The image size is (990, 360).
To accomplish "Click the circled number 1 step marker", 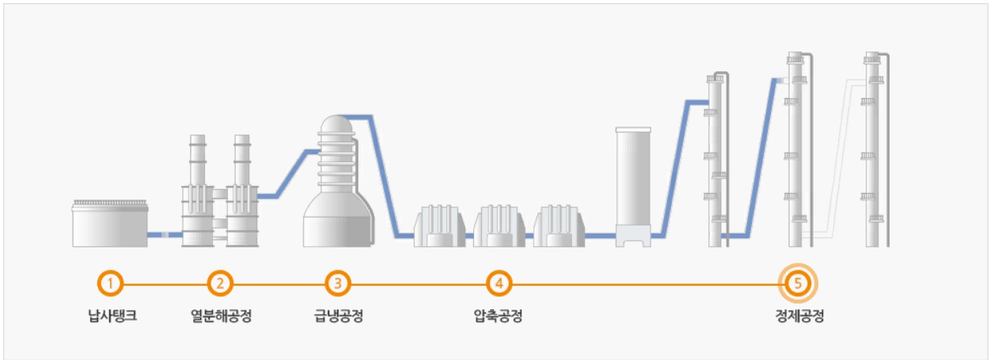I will [112, 282].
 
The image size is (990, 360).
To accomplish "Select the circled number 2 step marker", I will [221, 282].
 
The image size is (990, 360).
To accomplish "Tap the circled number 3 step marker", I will [338, 282].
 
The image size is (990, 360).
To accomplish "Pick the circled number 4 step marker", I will [499, 282].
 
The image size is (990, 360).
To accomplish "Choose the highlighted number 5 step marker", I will [798, 282].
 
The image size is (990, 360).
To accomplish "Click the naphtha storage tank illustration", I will [110, 223].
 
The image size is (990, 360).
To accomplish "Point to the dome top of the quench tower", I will [337, 124].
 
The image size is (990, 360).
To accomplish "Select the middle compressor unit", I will [499, 226].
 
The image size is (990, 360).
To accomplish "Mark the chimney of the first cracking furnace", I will [197, 158].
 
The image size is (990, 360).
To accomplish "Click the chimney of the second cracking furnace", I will [242, 158].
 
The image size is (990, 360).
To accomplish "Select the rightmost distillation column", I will [873, 150].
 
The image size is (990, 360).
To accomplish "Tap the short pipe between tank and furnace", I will [165, 235].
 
